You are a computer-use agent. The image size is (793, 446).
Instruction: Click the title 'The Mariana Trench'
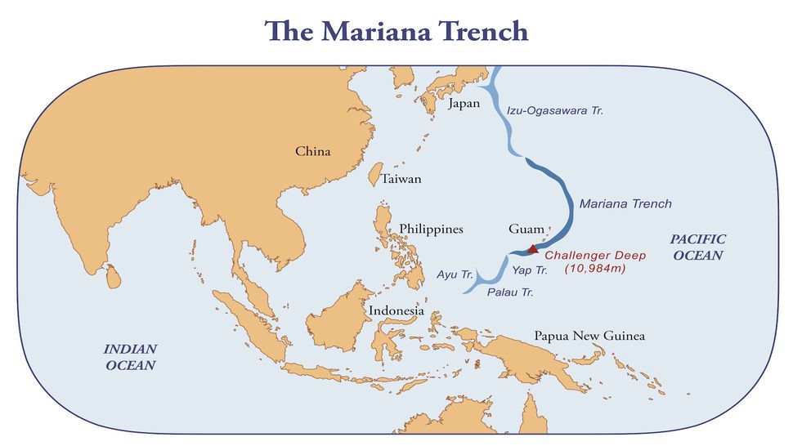[x=396, y=31]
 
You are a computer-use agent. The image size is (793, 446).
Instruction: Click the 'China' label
[x=313, y=151]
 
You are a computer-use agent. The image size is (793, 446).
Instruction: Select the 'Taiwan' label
[x=401, y=179]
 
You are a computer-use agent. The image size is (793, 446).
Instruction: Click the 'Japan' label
[x=464, y=104]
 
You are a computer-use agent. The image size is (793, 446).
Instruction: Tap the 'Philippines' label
[x=431, y=229]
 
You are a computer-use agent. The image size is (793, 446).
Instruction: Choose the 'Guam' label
[x=526, y=229]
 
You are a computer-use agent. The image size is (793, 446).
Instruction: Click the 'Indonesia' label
[x=396, y=310]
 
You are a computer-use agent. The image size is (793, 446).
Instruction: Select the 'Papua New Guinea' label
[x=589, y=336]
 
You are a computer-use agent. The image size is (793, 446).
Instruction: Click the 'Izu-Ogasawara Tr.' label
[x=554, y=109]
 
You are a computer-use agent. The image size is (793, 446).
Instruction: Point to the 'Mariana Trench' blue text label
[x=625, y=203]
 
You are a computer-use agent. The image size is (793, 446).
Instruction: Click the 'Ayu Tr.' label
[x=454, y=273]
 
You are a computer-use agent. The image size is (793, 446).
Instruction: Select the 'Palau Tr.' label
[x=509, y=292]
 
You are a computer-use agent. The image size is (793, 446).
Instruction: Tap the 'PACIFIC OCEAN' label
[x=697, y=247]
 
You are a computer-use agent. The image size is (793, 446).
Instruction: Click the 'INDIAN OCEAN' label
[x=130, y=356]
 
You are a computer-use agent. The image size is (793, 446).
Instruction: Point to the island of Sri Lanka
[x=115, y=275]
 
